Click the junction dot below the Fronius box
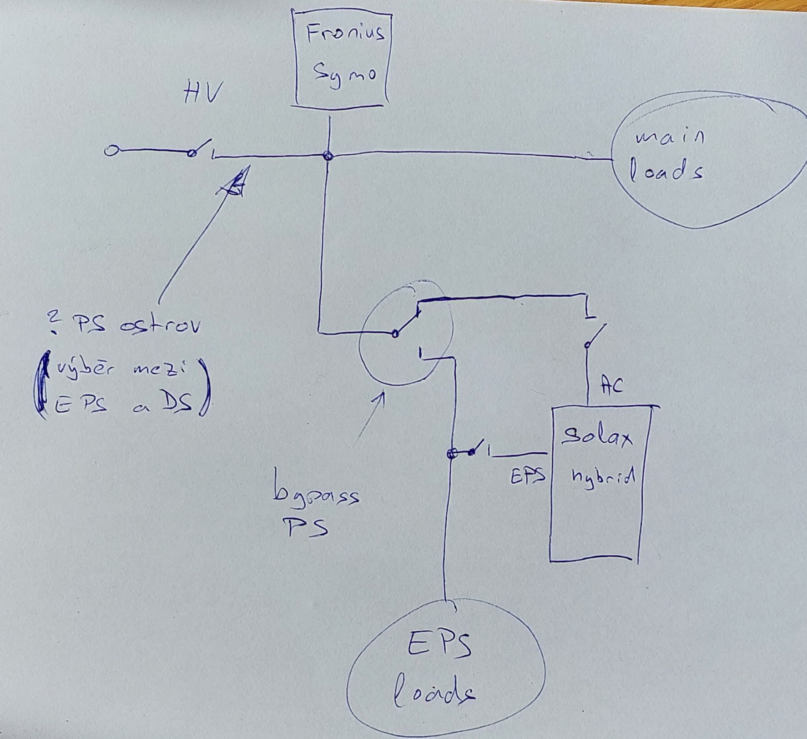328,156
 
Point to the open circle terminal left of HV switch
110,151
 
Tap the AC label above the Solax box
611,385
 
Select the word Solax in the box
596,438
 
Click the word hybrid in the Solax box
602,478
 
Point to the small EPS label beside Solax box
528,476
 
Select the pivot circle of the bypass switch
395,334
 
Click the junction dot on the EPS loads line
451,453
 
